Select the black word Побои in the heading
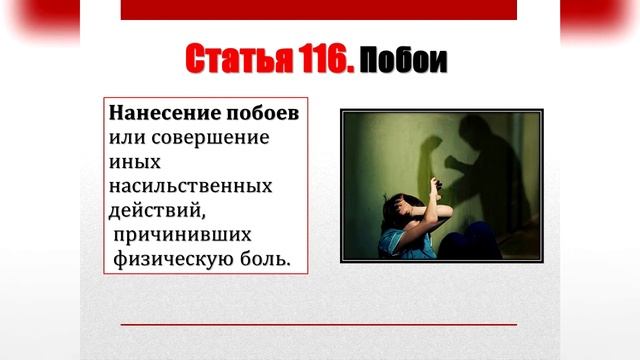403,62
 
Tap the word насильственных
190,186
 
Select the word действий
152,210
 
